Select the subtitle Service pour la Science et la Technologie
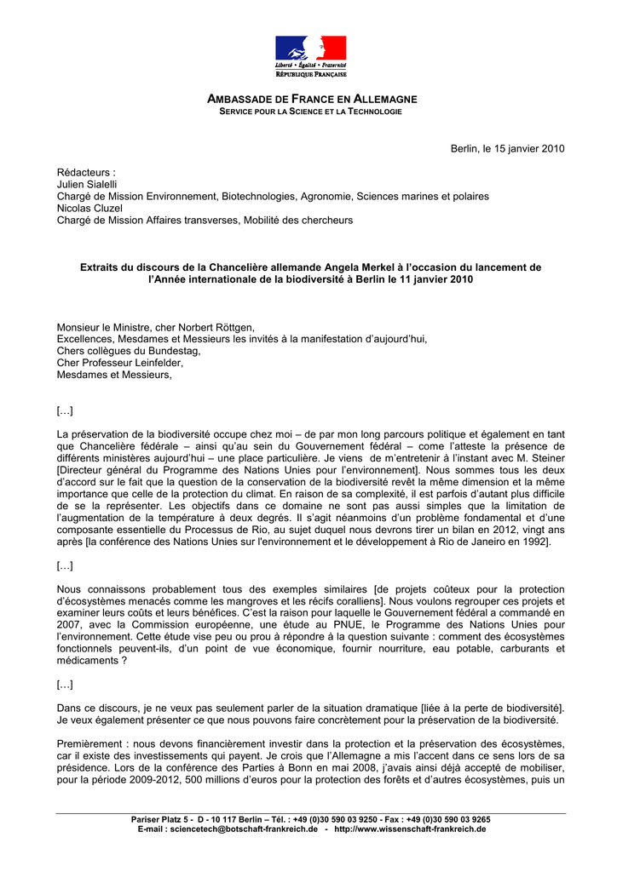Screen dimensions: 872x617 coord(310,112)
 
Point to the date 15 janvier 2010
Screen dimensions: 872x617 coord(523,149)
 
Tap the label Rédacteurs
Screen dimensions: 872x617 coord(85,173)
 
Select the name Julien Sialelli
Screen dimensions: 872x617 coord(87,185)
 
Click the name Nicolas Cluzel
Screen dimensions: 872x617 coord(89,209)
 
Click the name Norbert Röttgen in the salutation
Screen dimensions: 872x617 coord(216,327)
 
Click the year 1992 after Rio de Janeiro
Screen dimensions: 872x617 coord(533,542)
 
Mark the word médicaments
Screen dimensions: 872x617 coord(86,661)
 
